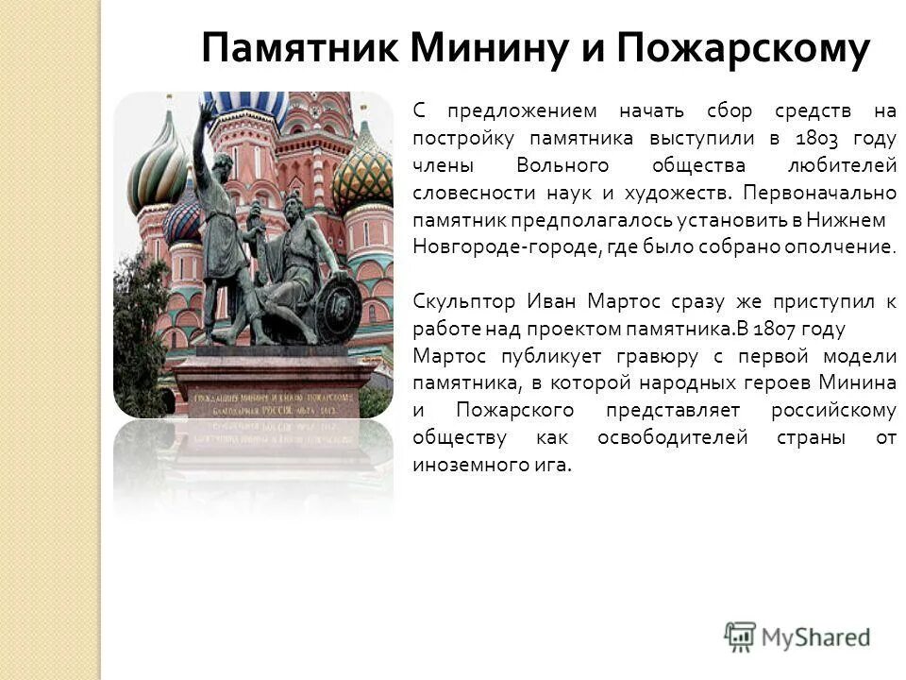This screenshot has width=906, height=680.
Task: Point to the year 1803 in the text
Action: (x=818, y=138)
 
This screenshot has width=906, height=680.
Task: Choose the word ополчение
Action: (x=845, y=247)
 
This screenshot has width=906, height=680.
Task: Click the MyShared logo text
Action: (x=815, y=637)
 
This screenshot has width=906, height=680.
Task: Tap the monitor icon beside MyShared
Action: (x=741, y=636)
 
